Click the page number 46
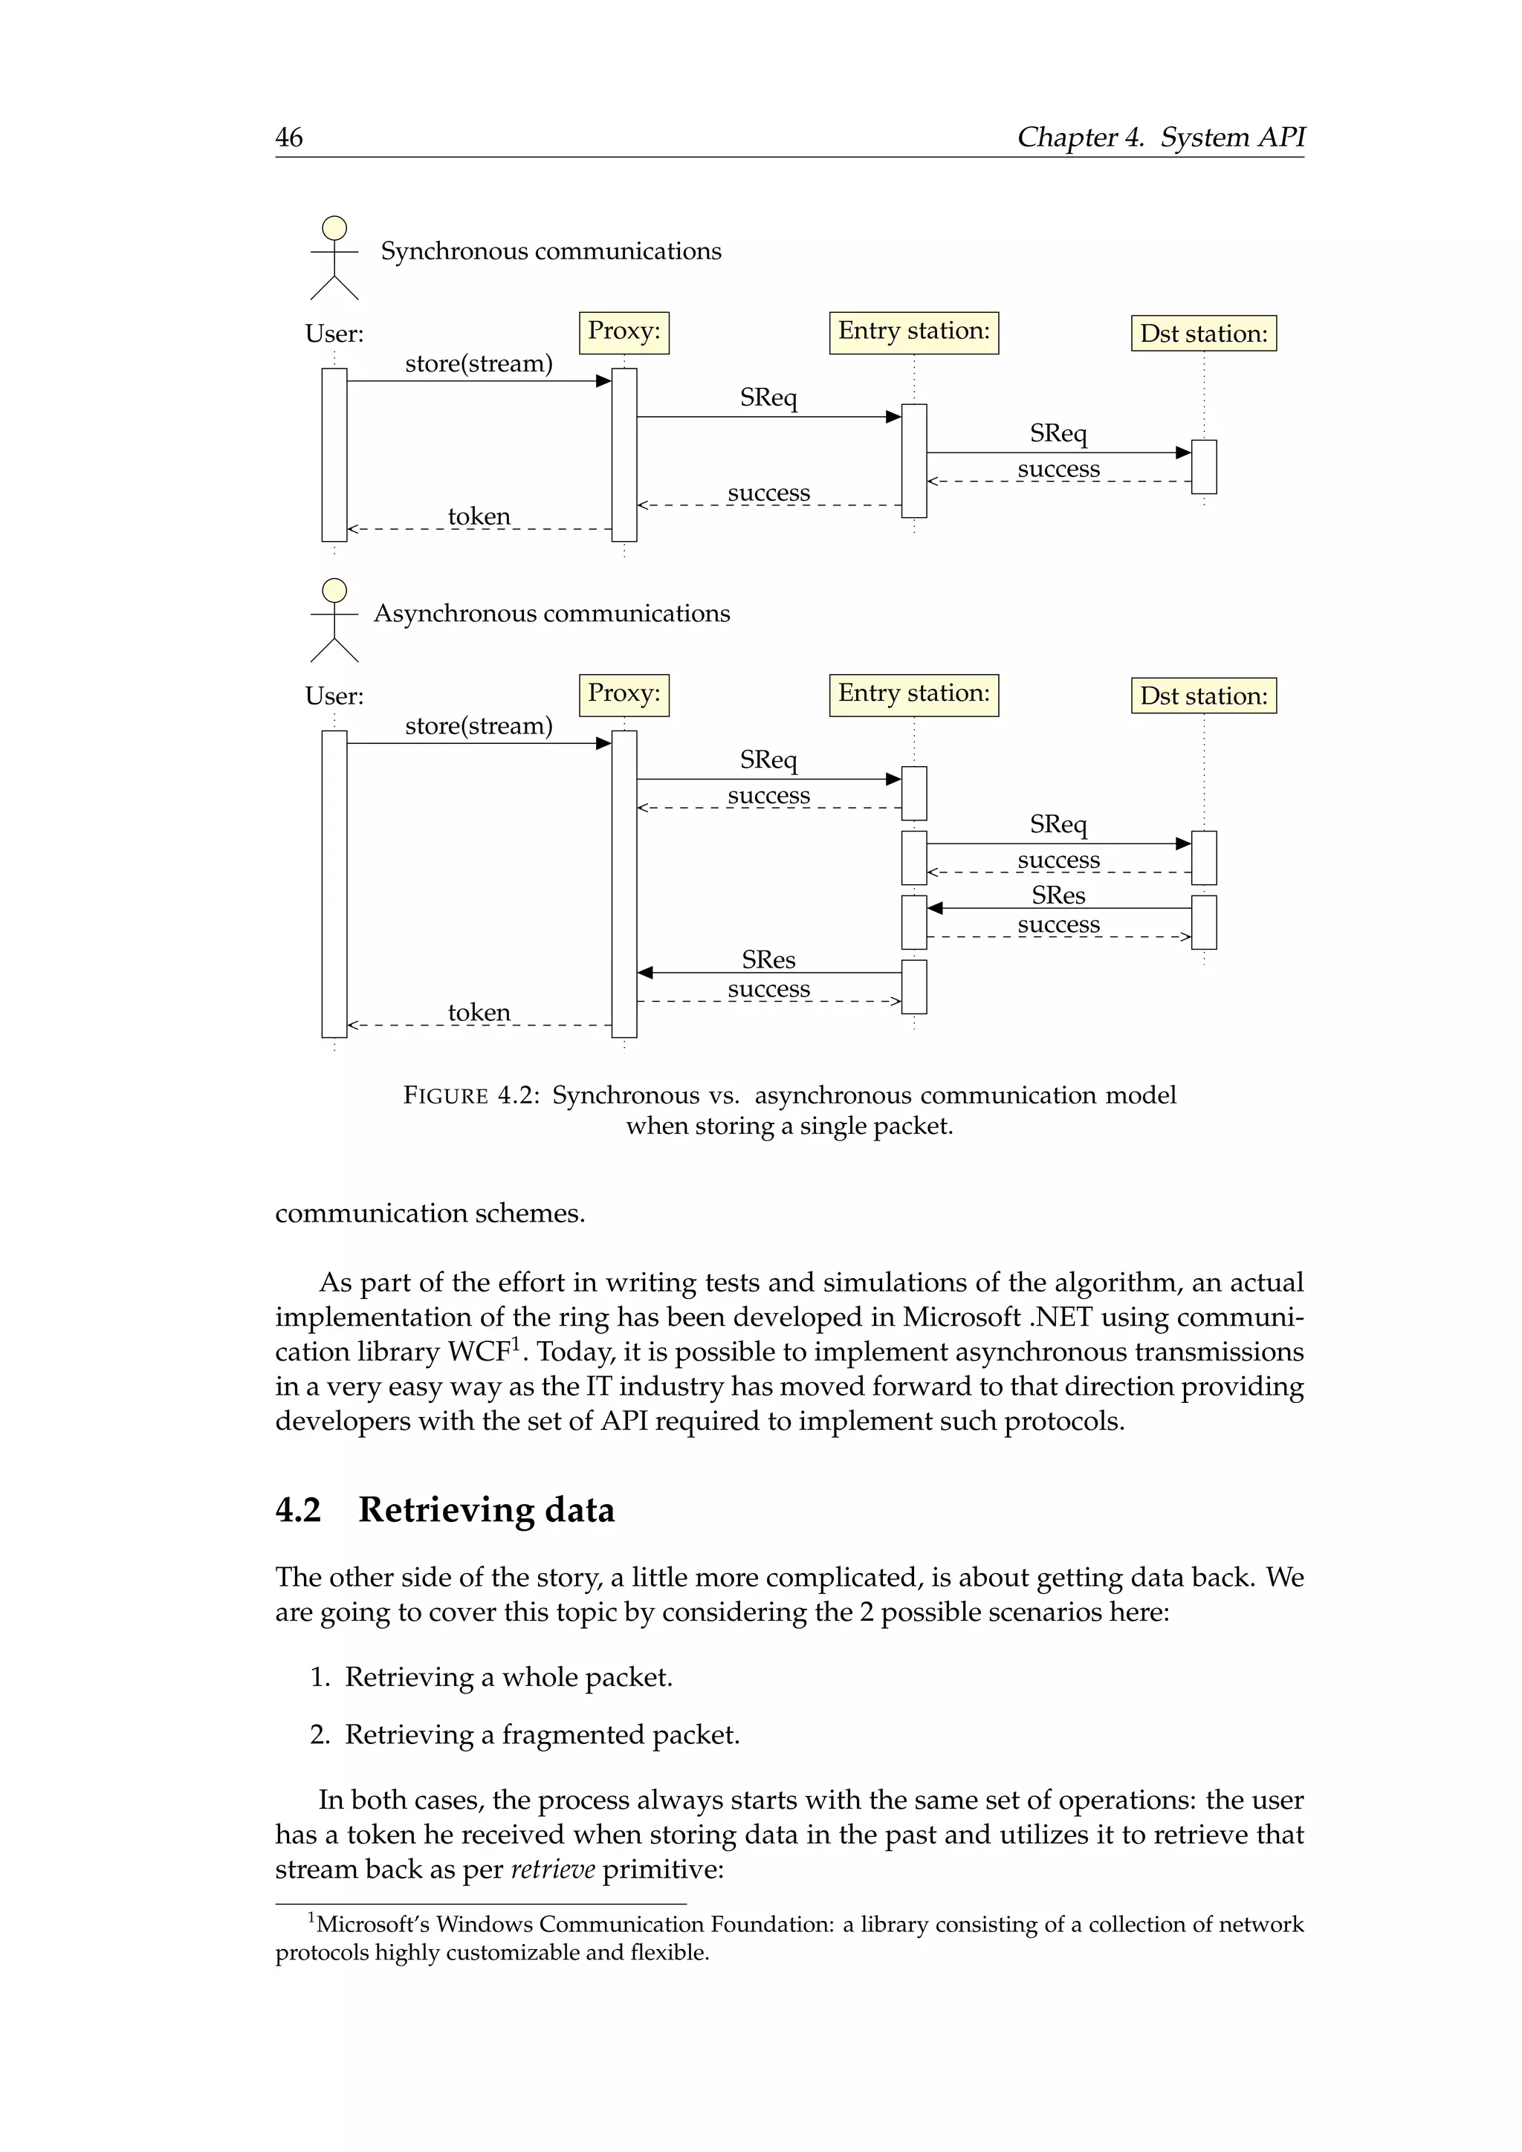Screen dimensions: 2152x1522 click(288, 137)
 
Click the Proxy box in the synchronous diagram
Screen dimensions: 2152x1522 click(624, 332)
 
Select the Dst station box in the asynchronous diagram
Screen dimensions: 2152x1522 click(1202, 696)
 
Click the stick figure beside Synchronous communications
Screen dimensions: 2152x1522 click(334, 258)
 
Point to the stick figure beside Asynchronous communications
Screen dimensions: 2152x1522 click(334, 620)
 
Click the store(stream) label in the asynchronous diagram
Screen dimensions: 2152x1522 click(478, 727)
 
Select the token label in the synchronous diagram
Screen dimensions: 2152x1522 click(479, 516)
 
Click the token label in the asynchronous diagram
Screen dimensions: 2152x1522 click(479, 1012)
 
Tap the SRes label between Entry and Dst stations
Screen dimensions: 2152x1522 click(1058, 895)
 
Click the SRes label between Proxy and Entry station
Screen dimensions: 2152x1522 click(768, 960)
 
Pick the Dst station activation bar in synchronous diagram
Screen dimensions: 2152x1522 click(1203, 466)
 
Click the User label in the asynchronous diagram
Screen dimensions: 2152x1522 click(334, 696)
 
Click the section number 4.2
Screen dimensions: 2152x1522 click(298, 1510)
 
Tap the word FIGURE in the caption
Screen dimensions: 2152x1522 click(445, 1095)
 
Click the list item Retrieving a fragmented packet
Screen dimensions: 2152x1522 click(542, 1735)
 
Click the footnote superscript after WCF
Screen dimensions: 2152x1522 click(514, 1342)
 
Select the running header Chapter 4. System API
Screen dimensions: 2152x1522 click(1160, 137)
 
